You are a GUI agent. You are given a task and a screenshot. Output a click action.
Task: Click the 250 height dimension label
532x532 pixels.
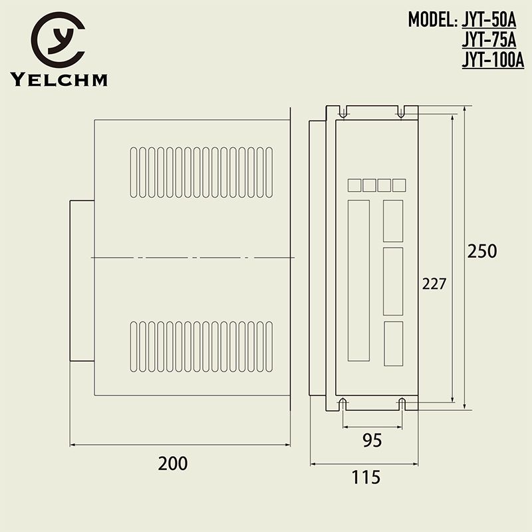[x=482, y=252]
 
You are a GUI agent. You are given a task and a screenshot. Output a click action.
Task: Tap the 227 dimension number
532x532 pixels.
[x=434, y=283]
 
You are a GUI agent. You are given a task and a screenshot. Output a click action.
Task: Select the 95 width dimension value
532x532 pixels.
[x=372, y=439]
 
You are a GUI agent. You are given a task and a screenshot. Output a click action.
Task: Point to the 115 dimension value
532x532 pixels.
[x=365, y=477]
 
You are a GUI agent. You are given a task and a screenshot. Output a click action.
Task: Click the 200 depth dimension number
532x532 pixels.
[x=173, y=463]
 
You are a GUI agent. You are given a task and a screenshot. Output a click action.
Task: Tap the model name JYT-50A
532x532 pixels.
[x=489, y=19]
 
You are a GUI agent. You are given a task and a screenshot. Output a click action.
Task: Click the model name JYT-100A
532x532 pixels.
[x=493, y=61]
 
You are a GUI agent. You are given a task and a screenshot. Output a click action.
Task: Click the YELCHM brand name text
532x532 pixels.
[x=59, y=81]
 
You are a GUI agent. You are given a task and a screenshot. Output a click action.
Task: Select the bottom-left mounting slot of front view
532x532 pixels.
[x=342, y=403]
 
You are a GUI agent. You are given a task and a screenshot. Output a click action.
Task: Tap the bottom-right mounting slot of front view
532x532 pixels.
[x=402, y=403]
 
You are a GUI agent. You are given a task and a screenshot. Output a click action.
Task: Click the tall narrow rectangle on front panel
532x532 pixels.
[x=359, y=280]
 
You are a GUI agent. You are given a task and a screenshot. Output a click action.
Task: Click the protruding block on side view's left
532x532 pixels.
[x=82, y=280]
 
